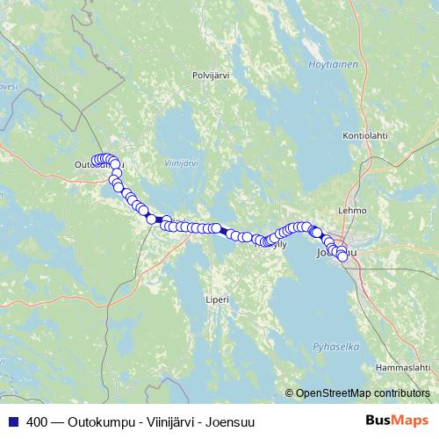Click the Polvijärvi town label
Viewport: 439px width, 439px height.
[x=210, y=76]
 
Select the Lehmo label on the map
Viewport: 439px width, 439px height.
[x=351, y=211]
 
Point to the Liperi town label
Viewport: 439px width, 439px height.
[x=217, y=299]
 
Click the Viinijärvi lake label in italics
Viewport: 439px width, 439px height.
[x=182, y=163]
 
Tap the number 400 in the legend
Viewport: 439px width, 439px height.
[x=37, y=421]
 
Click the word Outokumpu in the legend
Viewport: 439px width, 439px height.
[x=94, y=421]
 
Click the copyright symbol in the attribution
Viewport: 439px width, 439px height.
[x=290, y=392]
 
